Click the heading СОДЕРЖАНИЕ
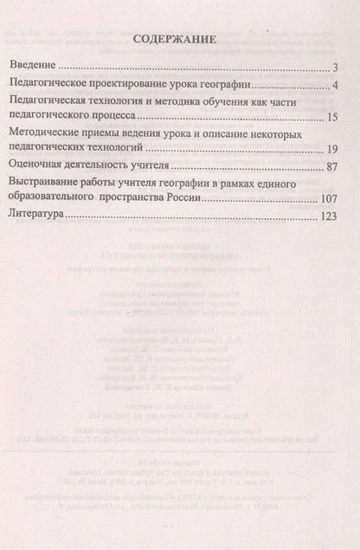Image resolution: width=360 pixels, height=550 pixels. coord(179,41)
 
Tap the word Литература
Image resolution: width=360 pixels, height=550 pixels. coord(37,217)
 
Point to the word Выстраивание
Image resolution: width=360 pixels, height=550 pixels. coord(43,184)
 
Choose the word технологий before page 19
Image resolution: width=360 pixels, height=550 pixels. coord(129,148)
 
